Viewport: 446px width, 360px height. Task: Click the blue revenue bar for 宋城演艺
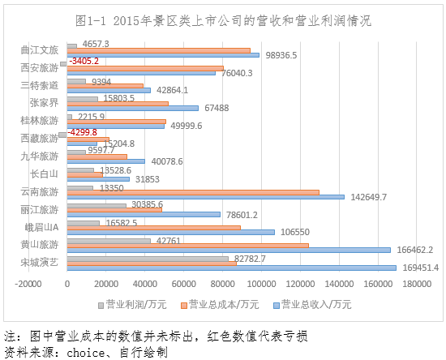click(x=232, y=268)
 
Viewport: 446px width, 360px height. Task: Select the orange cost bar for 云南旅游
click(x=193, y=192)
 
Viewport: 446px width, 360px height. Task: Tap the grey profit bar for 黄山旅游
click(x=109, y=241)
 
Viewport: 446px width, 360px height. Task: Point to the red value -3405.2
click(x=84, y=61)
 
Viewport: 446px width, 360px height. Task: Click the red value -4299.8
click(x=83, y=132)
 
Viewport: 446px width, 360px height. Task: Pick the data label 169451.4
click(x=420, y=268)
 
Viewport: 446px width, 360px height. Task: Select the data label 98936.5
click(x=281, y=55)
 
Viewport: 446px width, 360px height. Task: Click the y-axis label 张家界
click(x=44, y=103)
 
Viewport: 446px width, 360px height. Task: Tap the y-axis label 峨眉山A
click(x=41, y=227)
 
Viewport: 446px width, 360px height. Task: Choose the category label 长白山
click(x=44, y=174)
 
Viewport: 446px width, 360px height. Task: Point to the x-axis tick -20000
click(x=28, y=284)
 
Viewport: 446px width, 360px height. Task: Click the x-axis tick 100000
click(x=261, y=284)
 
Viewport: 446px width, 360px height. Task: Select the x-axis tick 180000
click(x=417, y=284)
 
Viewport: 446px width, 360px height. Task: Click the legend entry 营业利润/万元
click(x=132, y=305)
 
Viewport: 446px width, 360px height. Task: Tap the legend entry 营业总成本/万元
click(x=220, y=305)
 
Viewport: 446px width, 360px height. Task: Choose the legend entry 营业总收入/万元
click(x=312, y=305)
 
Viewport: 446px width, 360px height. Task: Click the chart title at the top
click(x=223, y=21)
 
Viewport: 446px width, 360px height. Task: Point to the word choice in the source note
click(x=86, y=353)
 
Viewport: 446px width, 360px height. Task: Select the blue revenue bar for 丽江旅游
click(x=144, y=215)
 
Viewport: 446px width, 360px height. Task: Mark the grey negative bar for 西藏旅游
click(x=63, y=135)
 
